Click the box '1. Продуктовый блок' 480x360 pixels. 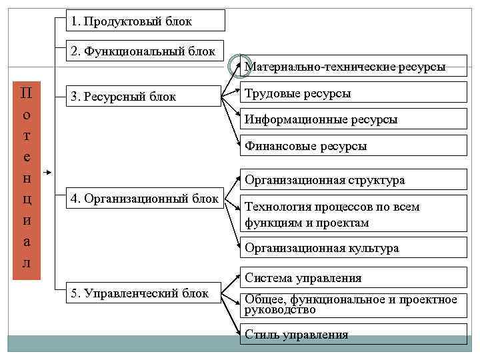coord(145,21)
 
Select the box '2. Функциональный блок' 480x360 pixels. coord(145,51)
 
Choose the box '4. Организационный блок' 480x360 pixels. coord(145,198)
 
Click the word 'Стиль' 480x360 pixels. coord(261,334)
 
